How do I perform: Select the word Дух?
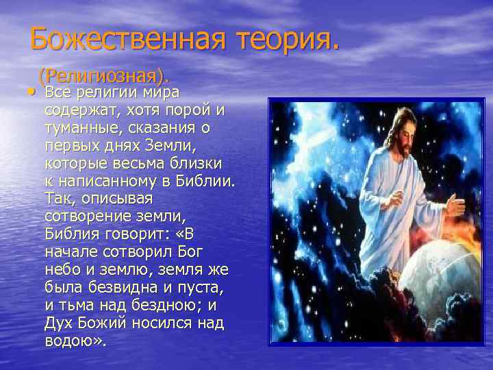point(59,323)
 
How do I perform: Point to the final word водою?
point(74,341)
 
